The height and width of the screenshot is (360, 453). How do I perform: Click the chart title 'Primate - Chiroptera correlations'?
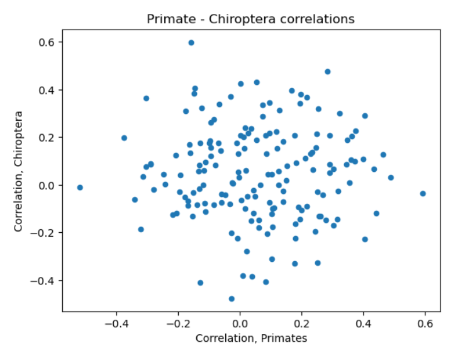tap(250, 19)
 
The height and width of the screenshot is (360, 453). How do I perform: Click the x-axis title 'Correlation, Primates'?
tap(251, 338)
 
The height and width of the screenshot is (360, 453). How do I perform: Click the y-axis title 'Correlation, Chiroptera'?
tap(20, 171)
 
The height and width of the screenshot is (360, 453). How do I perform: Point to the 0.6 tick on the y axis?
tap(48, 42)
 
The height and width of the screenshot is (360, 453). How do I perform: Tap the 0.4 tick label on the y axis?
tap(48, 90)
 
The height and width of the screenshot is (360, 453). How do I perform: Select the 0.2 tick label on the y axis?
tap(48, 138)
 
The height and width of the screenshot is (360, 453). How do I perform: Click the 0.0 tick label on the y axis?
tap(48, 185)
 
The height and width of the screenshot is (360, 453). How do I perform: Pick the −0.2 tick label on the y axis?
tap(45, 233)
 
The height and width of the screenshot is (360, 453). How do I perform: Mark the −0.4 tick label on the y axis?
tap(45, 281)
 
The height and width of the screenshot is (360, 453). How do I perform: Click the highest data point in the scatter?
tap(191, 43)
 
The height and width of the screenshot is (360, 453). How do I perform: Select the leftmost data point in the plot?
tap(80, 188)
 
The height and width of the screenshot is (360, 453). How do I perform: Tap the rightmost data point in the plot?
tap(423, 194)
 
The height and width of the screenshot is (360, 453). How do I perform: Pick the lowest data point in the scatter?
tap(232, 299)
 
